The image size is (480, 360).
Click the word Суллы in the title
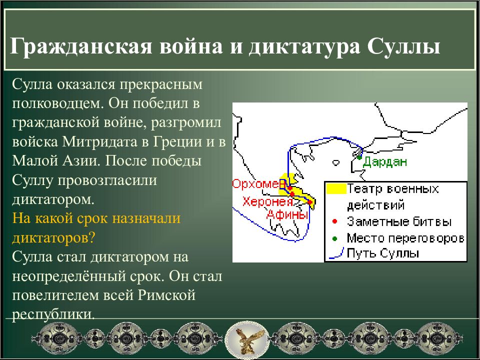coord(403,46)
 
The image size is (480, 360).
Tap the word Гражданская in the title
coord(81,46)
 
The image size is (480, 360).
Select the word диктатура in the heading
coord(304,46)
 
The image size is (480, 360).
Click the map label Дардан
coord(385,161)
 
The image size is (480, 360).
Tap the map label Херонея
coord(267,201)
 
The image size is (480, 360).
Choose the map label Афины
coord(287,214)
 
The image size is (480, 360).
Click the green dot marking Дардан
coord(359,157)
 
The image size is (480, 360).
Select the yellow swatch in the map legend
coord(336,188)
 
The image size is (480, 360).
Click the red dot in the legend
coord(334,221)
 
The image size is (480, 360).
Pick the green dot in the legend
coord(334,238)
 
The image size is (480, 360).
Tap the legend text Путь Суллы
coord(382,253)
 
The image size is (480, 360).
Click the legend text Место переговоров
coord(405,238)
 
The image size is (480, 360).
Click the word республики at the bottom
coord(53,314)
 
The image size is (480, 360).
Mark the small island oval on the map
coord(336,162)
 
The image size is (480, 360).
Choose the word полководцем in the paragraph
coord(57,104)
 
